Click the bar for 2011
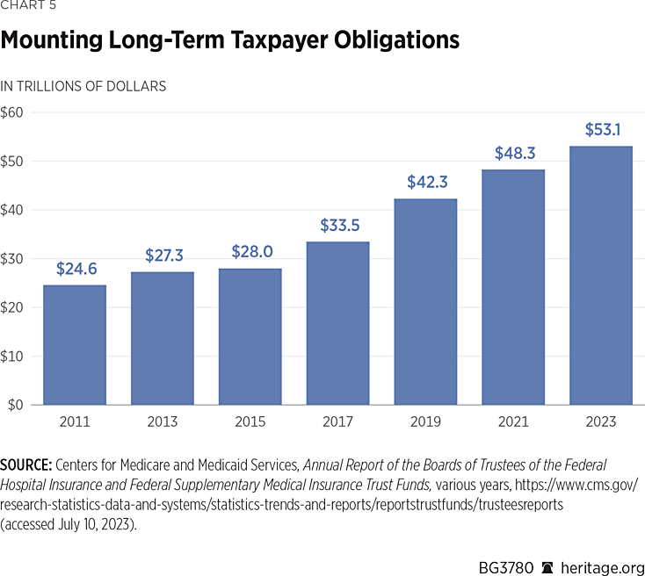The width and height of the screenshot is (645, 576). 75,344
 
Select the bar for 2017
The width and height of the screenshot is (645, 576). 337,323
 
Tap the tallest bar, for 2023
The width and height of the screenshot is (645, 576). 600,275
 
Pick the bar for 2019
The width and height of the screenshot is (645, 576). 425,301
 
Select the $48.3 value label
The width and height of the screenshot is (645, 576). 512,154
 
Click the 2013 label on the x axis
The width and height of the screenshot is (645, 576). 162,421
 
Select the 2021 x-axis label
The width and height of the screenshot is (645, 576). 512,421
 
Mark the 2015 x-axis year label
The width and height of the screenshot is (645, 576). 250,421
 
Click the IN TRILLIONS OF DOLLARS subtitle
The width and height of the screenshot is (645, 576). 83,86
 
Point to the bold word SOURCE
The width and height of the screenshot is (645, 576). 25,464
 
